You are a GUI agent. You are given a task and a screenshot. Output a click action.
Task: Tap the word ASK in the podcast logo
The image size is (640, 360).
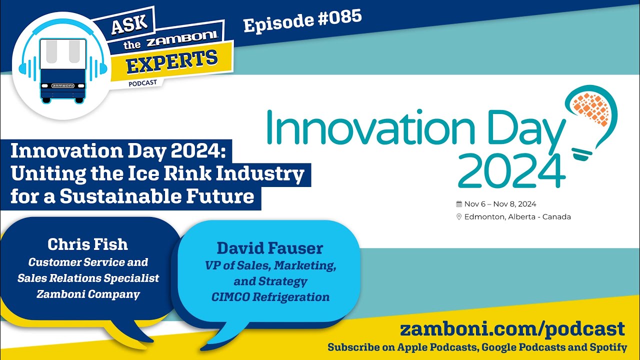pyautogui.click(x=129, y=24)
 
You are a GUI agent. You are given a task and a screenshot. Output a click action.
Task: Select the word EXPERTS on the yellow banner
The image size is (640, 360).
pyautogui.click(x=172, y=61)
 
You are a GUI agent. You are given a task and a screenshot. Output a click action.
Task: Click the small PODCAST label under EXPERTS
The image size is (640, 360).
pyautogui.click(x=142, y=83)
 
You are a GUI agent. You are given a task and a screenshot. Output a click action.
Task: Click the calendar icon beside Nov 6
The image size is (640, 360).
pyautogui.click(x=459, y=204)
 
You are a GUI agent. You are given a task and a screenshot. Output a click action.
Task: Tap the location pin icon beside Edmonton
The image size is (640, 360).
pyautogui.click(x=459, y=217)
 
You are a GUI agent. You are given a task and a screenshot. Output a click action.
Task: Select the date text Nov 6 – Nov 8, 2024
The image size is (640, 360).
pyautogui.click(x=500, y=204)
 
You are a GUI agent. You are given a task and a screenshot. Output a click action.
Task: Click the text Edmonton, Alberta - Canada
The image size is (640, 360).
pyautogui.click(x=517, y=217)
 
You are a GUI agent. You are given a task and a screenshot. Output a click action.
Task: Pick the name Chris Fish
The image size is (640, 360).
pyautogui.click(x=87, y=244)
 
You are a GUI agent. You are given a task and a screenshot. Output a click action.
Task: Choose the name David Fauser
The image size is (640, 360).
pyautogui.click(x=270, y=248)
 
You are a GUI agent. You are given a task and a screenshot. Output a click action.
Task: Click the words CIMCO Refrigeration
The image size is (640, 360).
pyautogui.click(x=270, y=297)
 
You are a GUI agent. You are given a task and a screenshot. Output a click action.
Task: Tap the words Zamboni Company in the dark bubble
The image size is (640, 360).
pyautogui.click(x=88, y=294)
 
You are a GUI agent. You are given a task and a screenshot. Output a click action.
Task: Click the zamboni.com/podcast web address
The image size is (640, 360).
pyautogui.click(x=512, y=329)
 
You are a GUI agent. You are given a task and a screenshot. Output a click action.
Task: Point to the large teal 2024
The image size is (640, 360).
pyautogui.click(x=511, y=171)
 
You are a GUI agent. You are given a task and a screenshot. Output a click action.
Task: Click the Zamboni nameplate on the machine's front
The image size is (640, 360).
pyautogui.click(x=62, y=85)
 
